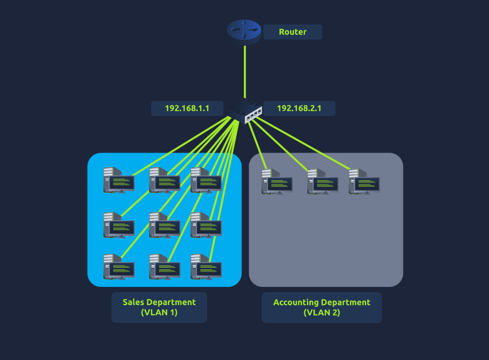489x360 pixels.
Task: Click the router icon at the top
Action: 244,31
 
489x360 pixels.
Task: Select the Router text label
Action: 293,32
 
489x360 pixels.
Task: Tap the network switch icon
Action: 247,111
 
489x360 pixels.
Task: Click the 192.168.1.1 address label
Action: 186,108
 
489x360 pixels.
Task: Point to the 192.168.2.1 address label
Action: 299,108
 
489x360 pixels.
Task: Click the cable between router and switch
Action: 245,72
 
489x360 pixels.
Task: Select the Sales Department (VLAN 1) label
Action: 159,307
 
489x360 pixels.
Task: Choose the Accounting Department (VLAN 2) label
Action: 321,307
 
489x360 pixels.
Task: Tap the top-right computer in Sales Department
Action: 206,180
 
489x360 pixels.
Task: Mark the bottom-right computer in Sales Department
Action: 206,266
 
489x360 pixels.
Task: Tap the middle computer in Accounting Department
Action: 322,181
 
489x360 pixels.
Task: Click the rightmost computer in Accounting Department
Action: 364,181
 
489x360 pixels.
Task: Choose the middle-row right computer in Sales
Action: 206,225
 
